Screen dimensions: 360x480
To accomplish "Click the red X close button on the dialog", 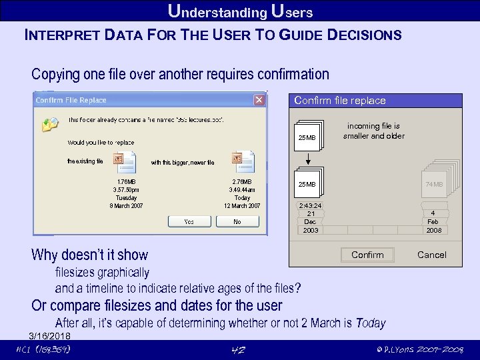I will point(259,100).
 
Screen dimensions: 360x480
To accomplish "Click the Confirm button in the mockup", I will point(367,255).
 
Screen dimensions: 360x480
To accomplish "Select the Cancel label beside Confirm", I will point(431,255).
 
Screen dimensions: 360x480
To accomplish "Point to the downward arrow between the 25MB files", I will point(308,160).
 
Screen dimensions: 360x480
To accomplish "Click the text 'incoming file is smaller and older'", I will point(373,131).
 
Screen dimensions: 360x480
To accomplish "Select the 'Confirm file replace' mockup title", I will point(340,101).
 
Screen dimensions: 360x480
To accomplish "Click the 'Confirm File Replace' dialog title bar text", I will point(71,101).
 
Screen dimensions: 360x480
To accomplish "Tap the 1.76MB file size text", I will point(126,181).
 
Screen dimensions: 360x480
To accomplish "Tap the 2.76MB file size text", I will point(242,181).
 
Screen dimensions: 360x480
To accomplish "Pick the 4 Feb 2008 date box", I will point(433,221).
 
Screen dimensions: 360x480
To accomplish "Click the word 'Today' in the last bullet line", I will point(371,323).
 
